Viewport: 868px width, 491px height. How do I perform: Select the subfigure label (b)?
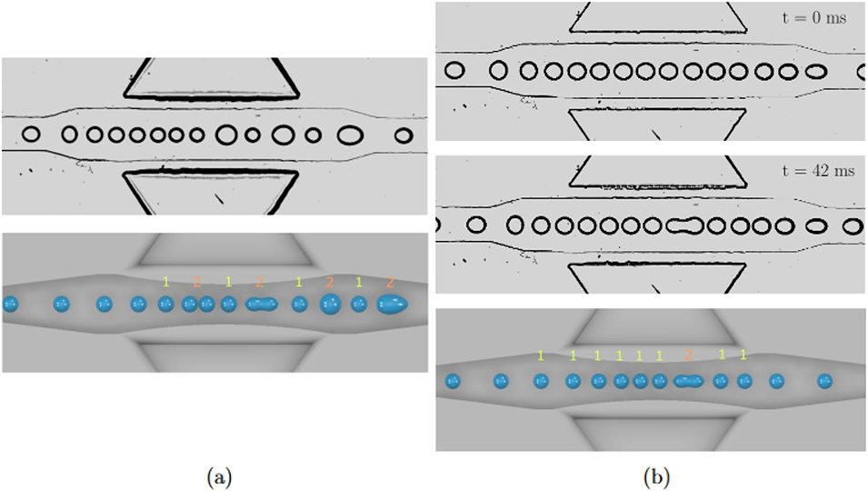pos(650,473)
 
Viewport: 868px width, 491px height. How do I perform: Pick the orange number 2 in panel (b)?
pos(689,355)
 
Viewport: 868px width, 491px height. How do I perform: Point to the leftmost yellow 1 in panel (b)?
pos(541,356)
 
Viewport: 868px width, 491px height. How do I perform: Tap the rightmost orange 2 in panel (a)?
pos(389,283)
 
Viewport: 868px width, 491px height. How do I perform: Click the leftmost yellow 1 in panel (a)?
pos(165,283)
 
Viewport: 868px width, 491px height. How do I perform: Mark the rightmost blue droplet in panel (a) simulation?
pos(394,305)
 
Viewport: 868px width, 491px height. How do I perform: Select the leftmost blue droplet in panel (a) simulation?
pos(10,304)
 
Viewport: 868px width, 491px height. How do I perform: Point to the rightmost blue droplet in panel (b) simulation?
pos(824,381)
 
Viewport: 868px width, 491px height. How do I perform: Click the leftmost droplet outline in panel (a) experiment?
pos(31,135)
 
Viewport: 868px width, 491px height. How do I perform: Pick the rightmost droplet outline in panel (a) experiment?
pos(403,135)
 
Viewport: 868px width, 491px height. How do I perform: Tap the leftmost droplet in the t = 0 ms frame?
pos(454,69)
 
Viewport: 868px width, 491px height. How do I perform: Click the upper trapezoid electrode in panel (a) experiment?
pos(211,79)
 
